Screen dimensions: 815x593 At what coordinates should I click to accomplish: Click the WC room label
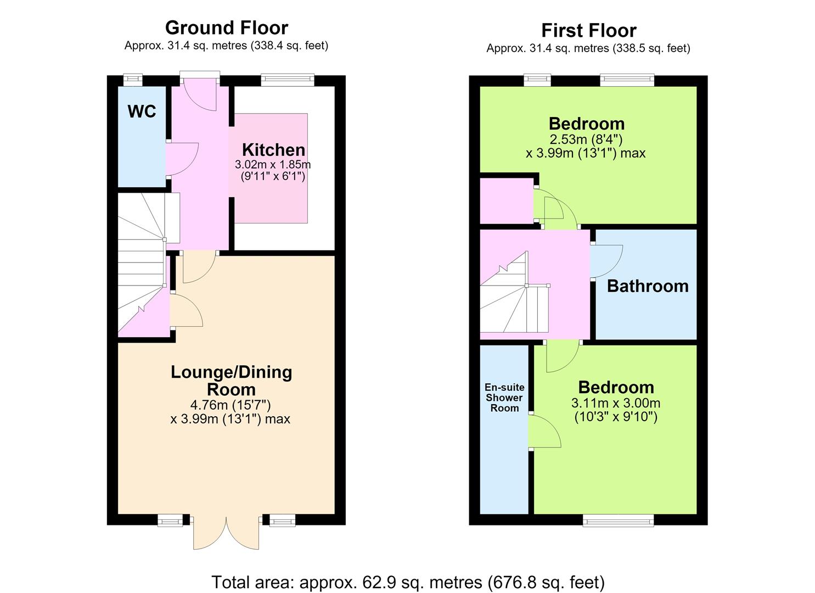(142, 111)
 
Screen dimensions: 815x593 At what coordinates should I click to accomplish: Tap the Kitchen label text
(274, 149)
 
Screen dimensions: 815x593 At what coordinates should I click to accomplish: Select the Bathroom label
(648, 286)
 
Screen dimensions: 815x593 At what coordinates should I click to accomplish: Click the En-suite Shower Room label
(504, 398)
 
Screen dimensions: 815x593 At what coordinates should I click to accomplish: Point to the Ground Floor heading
(227, 27)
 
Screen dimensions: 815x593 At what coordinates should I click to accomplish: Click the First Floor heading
(589, 30)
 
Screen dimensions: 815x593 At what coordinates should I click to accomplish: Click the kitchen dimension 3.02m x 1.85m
(273, 165)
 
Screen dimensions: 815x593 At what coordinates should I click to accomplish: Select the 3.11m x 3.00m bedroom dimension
(616, 403)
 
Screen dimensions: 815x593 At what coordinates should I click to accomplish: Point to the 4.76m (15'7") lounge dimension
(231, 405)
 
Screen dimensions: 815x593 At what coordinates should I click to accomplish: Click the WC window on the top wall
(132, 80)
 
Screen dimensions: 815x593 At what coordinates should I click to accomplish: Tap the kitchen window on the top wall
(288, 80)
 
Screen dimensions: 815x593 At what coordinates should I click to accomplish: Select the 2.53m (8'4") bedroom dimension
(586, 139)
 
